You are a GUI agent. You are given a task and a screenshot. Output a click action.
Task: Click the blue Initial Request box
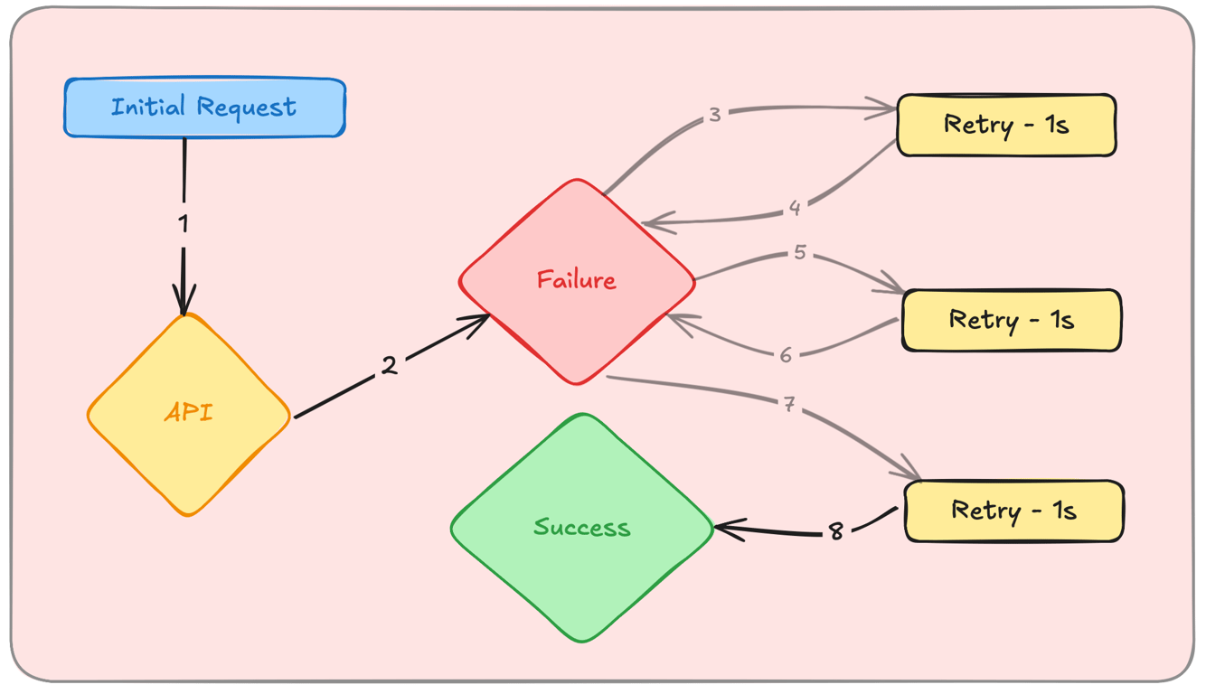point(204,108)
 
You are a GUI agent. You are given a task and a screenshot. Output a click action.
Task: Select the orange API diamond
point(189,414)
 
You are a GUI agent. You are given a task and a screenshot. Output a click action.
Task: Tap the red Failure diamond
point(577,280)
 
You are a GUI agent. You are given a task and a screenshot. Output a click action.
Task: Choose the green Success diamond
point(581,528)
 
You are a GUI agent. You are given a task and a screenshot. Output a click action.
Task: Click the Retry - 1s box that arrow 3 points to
point(1006,125)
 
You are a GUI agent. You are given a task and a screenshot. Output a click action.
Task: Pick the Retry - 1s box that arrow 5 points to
point(1012,320)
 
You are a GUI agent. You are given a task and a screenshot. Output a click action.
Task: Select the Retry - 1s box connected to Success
point(1013,511)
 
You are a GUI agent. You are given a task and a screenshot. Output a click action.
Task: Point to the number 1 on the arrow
point(184,223)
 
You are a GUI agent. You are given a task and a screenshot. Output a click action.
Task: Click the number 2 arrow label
point(389,366)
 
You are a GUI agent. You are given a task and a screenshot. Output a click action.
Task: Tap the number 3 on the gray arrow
point(714,116)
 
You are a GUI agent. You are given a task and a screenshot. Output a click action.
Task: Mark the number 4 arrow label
point(795,209)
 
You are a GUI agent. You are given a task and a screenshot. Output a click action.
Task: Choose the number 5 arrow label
point(799,253)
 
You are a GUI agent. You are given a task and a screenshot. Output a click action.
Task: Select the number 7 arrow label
point(789,406)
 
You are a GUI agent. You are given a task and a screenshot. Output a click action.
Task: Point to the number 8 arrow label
point(836,532)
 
